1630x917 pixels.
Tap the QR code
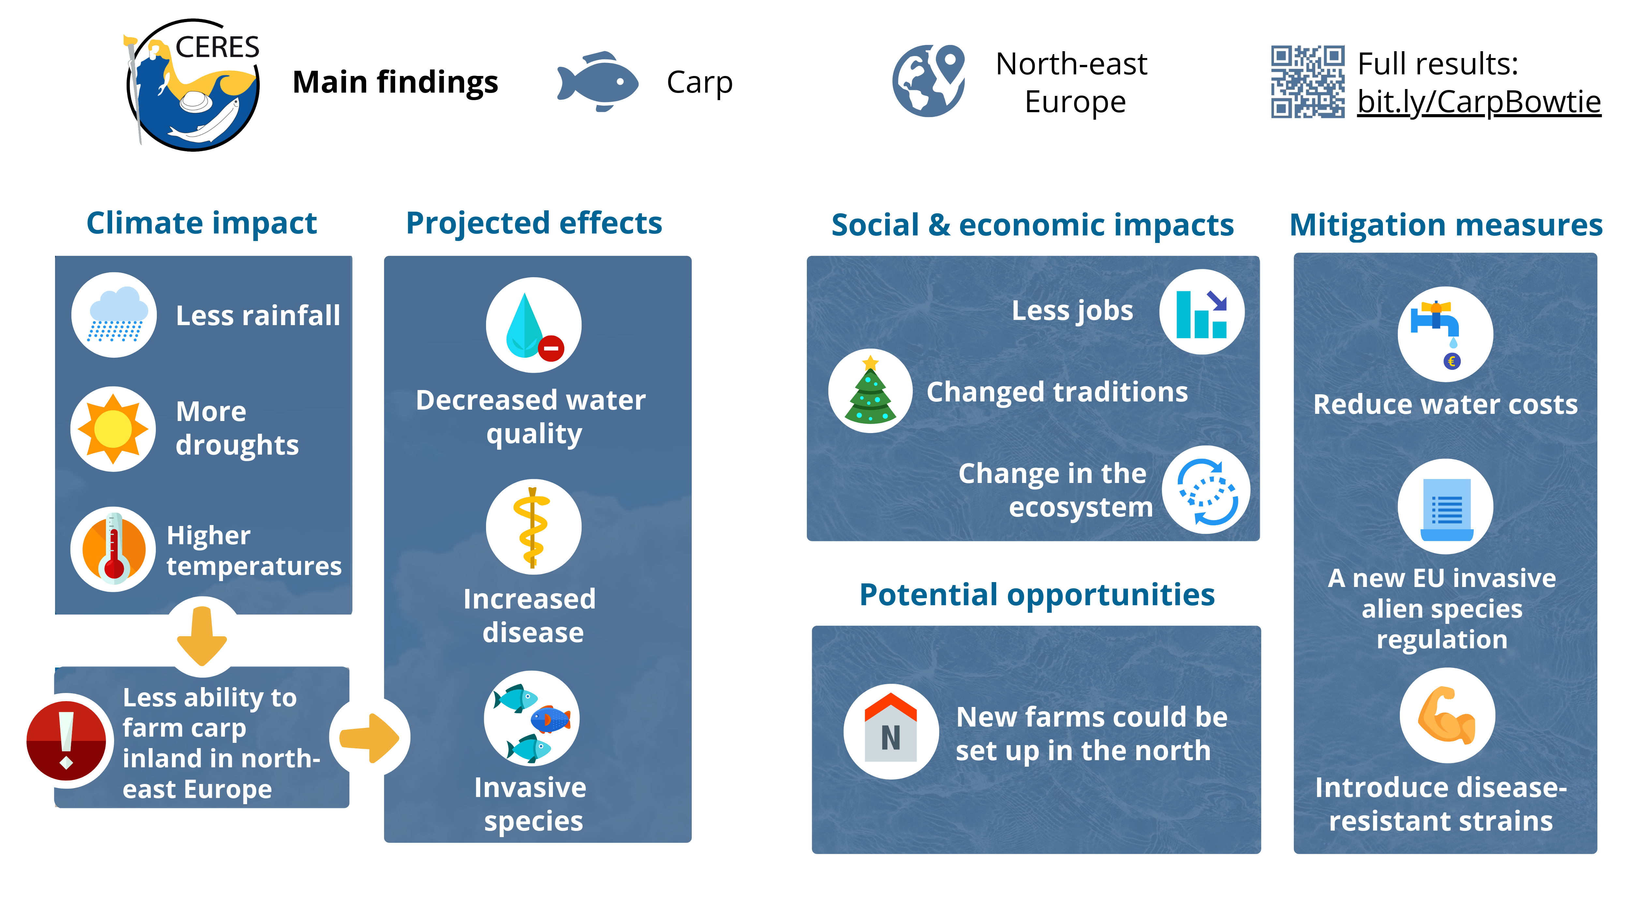tap(1307, 82)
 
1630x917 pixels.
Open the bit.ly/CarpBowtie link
tap(1479, 102)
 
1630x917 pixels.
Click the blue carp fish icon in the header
tap(597, 82)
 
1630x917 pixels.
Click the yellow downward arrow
tap(202, 636)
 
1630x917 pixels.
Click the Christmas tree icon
tap(871, 390)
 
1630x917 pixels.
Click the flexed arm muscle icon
tap(1447, 715)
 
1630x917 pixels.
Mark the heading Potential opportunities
tap(1037, 595)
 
